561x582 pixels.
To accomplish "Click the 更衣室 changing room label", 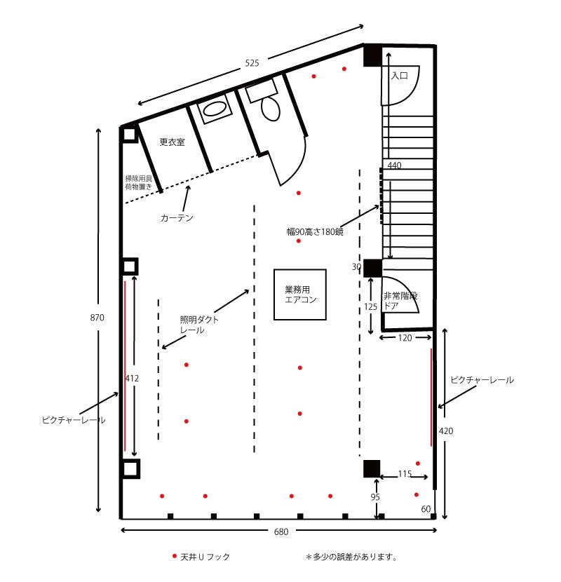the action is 172,142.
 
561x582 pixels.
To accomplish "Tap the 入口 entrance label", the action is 400,76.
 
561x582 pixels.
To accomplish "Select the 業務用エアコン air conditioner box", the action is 300,295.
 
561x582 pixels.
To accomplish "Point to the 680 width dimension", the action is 281,532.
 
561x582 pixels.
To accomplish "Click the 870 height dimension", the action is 97,318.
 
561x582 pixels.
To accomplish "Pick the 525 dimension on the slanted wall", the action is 252,63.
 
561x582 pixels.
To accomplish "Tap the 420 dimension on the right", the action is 446,431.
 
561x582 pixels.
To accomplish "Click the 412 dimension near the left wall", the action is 132,379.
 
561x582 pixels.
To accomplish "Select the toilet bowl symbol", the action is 270,109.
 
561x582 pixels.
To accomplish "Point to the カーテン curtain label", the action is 177,218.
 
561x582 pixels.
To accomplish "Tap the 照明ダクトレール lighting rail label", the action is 199,325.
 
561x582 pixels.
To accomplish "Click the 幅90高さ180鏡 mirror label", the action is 315,232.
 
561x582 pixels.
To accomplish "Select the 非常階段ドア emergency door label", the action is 400,301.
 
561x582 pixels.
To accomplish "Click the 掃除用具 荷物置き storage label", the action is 138,182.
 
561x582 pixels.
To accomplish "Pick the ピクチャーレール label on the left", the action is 74,420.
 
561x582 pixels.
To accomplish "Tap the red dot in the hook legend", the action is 174,556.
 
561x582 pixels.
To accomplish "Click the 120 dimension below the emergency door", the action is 405,338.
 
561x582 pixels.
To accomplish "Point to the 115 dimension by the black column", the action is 405,474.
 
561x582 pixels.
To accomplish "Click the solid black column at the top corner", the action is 372,55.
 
